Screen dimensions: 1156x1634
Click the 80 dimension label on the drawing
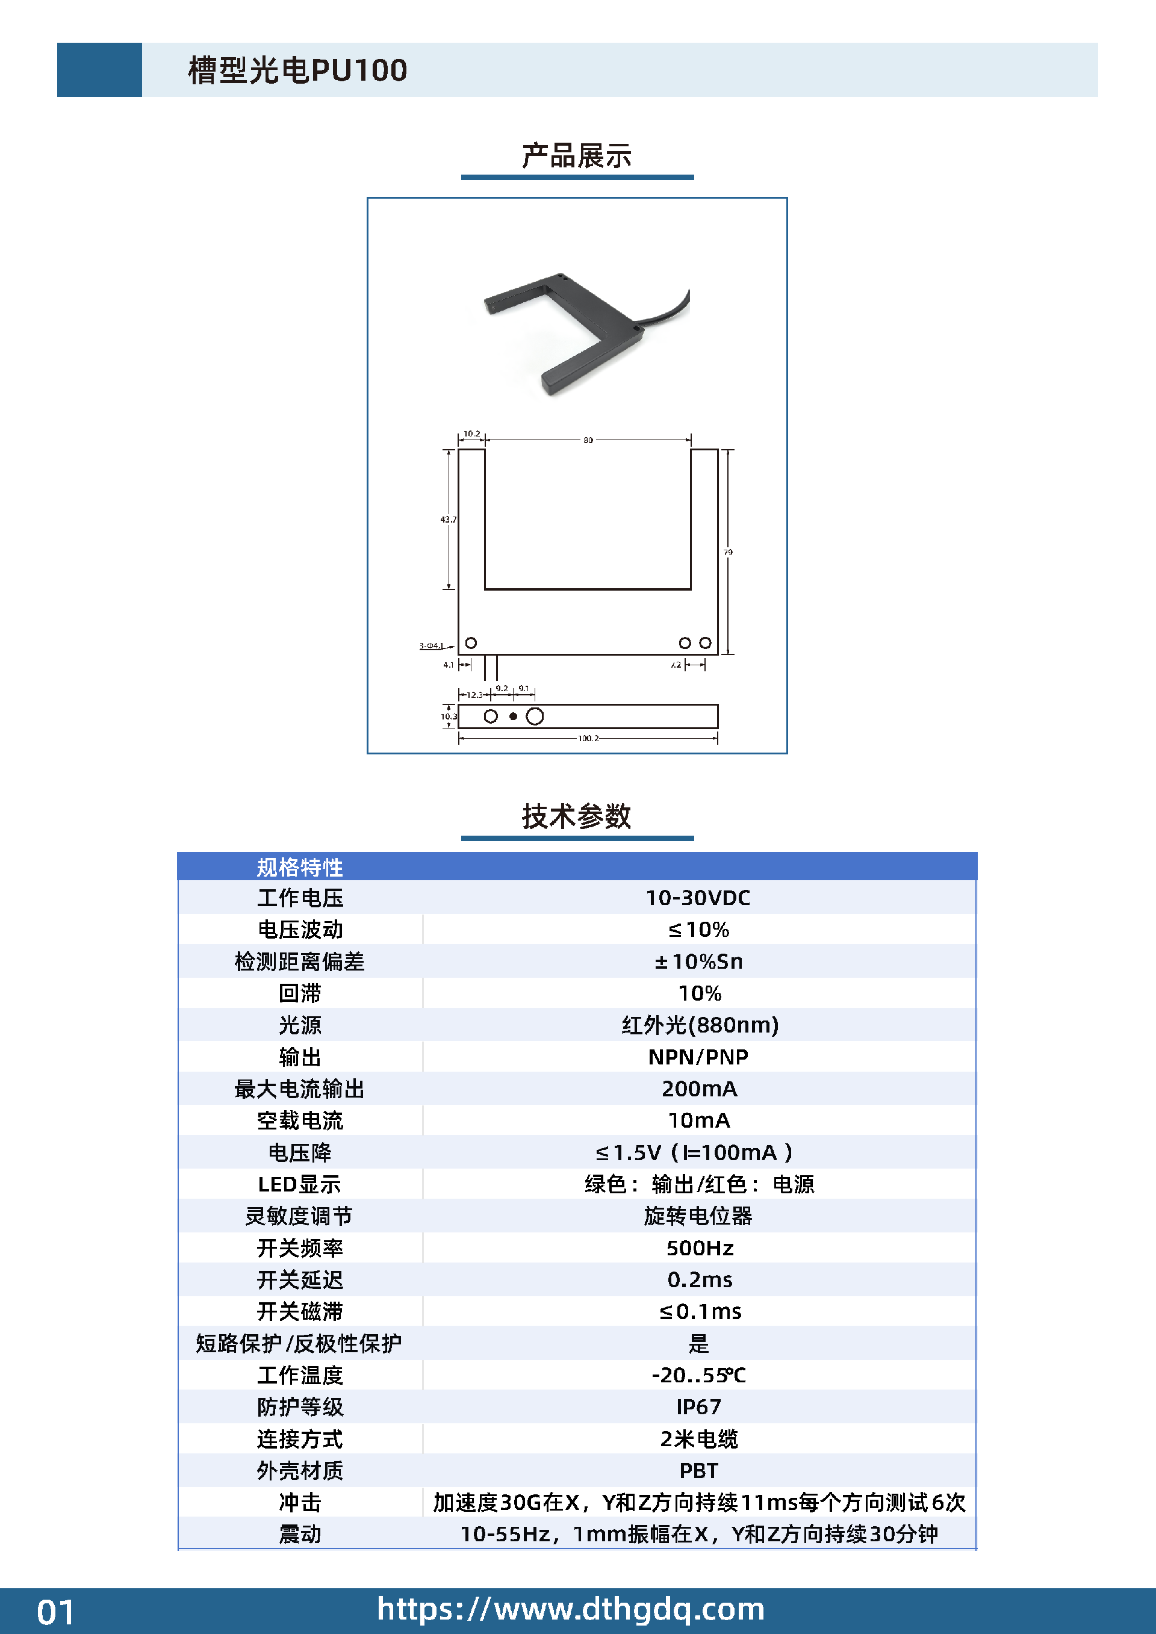click(588, 440)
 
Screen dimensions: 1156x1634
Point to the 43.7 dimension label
click(449, 520)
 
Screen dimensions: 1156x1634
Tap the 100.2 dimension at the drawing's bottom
click(588, 738)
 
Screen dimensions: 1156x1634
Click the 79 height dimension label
click(727, 551)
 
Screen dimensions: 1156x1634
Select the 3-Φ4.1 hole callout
click(431, 645)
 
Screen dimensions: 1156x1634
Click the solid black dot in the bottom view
click(512, 716)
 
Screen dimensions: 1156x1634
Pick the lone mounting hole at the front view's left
click(470, 642)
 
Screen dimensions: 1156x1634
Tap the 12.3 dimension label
click(474, 695)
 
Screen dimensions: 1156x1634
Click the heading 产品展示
click(577, 156)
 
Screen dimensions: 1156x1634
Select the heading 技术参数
click(577, 816)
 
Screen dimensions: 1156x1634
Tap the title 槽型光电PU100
click(297, 70)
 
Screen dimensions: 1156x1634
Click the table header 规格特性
click(300, 867)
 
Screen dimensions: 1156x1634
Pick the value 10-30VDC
click(698, 898)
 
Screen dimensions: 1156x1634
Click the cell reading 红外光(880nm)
click(700, 1025)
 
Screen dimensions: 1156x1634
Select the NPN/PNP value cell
click(698, 1057)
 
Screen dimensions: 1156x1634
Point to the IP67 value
click(698, 1407)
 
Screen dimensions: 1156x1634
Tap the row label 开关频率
click(300, 1247)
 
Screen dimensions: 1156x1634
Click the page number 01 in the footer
click(55, 1612)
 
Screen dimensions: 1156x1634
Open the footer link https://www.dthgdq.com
click(571, 1609)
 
